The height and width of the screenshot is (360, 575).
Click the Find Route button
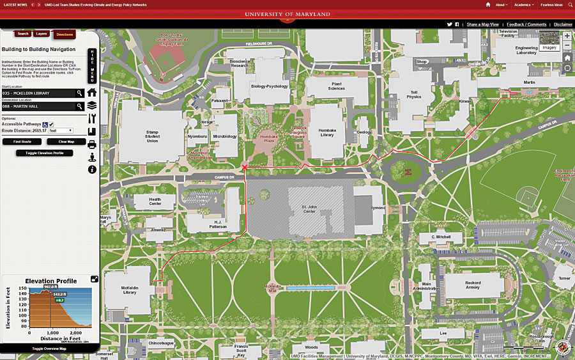[22, 141]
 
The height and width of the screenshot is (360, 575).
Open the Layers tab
[42, 34]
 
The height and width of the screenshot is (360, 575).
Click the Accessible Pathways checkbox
[51, 124]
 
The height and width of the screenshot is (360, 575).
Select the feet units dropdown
[61, 130]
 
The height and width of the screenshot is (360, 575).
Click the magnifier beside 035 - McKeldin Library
[80, 93]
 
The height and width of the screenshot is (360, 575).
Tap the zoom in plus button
[567, 36]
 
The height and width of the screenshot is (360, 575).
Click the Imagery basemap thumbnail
[549, 42]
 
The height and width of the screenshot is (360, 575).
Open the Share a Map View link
[482, 24]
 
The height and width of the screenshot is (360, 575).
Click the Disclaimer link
[563, 24]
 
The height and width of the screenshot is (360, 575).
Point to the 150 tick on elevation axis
[22, 288]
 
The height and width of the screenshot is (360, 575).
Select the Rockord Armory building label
[473, 285]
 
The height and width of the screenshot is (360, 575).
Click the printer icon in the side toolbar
[92, 145]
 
